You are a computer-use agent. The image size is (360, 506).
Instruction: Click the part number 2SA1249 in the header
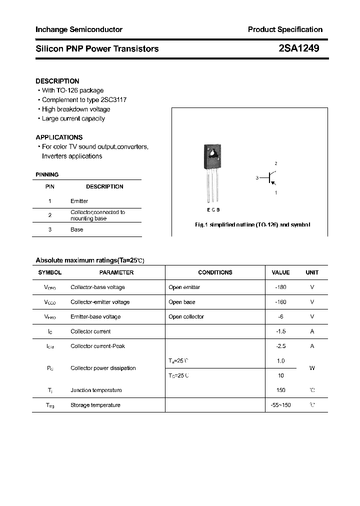(299, 48)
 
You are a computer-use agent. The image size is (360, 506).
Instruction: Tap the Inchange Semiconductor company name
(79, 29)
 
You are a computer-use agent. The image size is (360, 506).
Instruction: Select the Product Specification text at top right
(285, 29)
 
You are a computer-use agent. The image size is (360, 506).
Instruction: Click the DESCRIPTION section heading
(57, 81)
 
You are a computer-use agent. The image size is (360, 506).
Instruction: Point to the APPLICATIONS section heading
(59, 137)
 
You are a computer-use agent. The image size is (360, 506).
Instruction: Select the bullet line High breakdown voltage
(75, 109)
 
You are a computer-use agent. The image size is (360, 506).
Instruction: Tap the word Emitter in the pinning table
(79, 201)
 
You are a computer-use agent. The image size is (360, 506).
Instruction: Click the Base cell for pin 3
(76, 229)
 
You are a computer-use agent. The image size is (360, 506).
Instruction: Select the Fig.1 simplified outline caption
(252, 225)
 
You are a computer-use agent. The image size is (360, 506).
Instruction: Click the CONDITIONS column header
(215, 272)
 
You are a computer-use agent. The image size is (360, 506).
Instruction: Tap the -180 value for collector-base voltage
(280, 287)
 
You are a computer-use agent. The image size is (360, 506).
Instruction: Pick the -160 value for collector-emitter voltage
(280, 302)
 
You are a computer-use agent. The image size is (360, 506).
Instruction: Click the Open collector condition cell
(186, 316)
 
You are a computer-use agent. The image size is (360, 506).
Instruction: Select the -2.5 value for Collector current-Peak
(280, 346)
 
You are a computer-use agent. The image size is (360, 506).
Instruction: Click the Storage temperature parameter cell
(95, 405)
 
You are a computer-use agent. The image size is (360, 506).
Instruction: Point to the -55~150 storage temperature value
(280, 405)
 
